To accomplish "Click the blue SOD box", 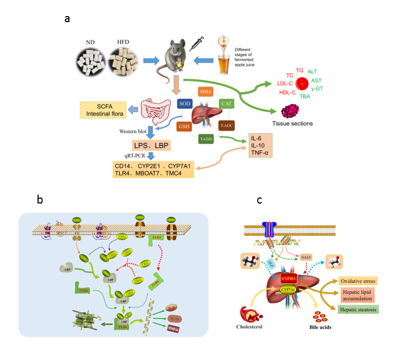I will pyautogui.click(x=185, y=103).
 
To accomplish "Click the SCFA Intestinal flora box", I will pyautogui.click(x=103, y=109).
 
